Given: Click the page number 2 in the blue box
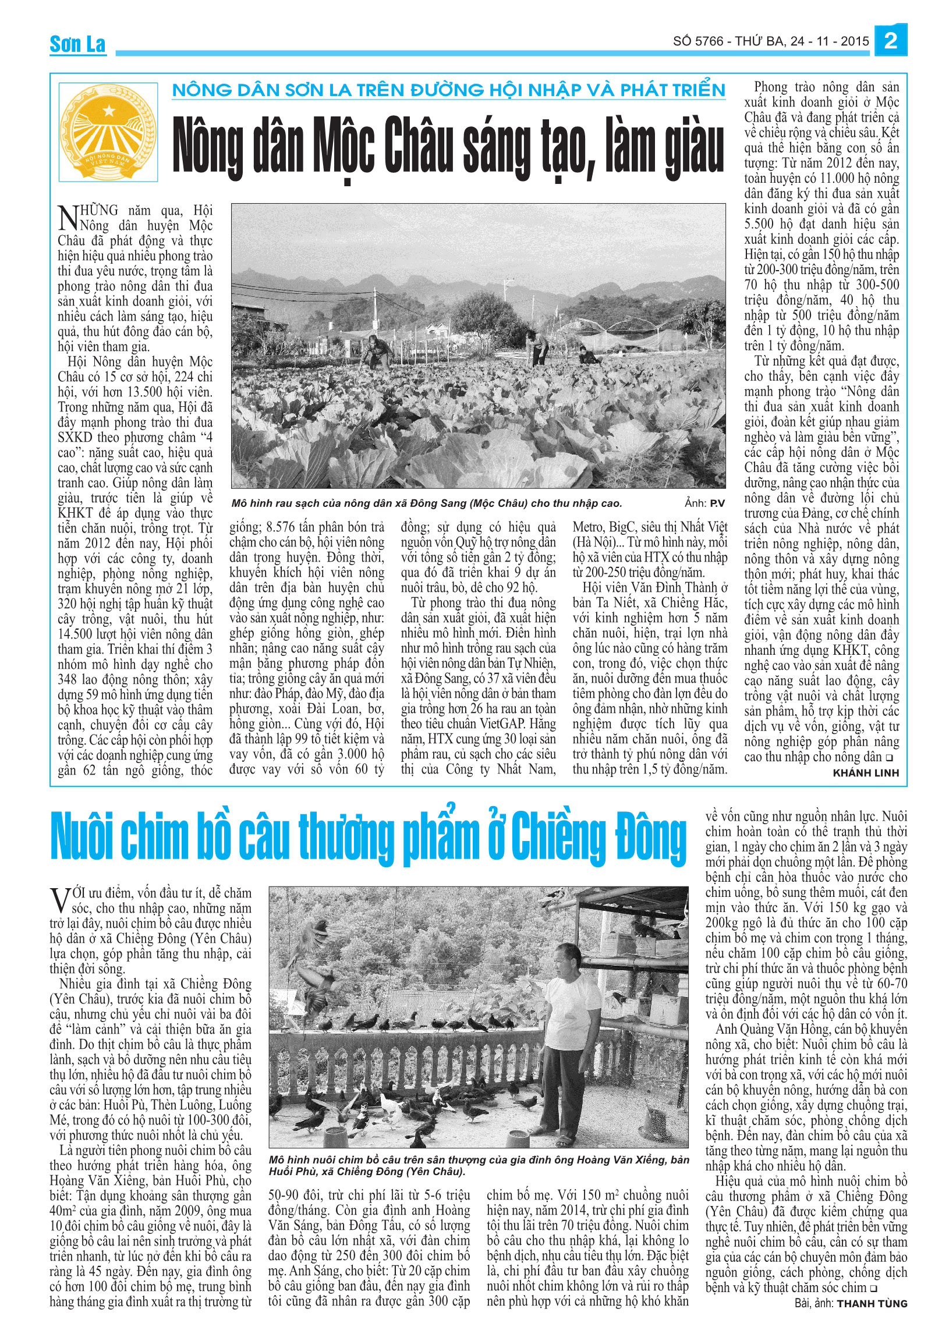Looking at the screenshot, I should (891, 41).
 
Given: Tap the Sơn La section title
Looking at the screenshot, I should (77, 44).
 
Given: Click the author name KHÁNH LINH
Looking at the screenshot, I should (866, 773).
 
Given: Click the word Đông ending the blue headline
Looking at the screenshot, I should (651, 837).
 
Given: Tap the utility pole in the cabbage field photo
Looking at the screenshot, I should (507, 303).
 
